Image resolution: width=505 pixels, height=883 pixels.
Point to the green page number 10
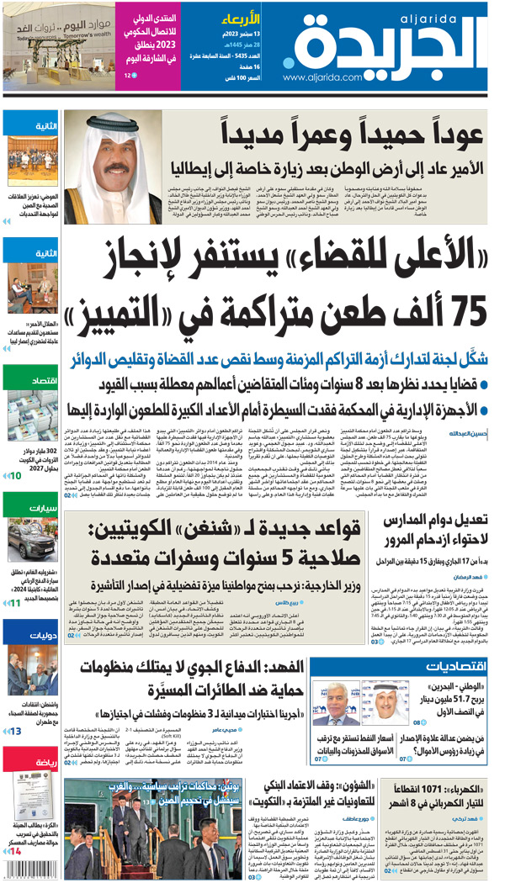[16, 476]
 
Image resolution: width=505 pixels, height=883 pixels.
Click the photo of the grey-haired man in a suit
[345, 707]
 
